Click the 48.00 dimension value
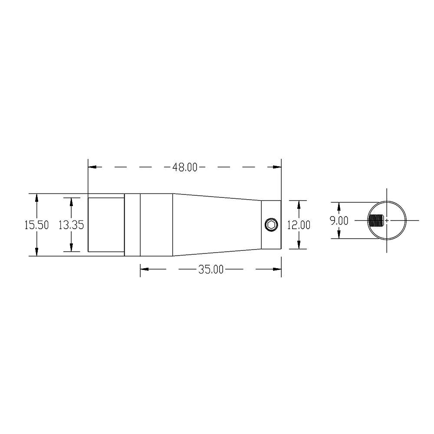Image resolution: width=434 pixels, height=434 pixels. [x=184, y=167]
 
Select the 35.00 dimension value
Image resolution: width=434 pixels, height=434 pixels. [x=211, y=270]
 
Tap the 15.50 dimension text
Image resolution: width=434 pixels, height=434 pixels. [x=36, y=225]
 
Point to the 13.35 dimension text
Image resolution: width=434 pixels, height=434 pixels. [x=71, y=225]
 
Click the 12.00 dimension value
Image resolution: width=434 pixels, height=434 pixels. [x=299, y=225]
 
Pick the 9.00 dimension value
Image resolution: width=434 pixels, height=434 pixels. [x=339, y=220]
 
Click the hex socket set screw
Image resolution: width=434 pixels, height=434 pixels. [x=271, y=224]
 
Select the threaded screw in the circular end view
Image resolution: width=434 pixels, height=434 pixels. [x=376, y=220]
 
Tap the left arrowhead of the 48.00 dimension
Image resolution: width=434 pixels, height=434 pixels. [x=92, y=167]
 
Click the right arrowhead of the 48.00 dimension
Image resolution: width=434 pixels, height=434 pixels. [x=277, y=167]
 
